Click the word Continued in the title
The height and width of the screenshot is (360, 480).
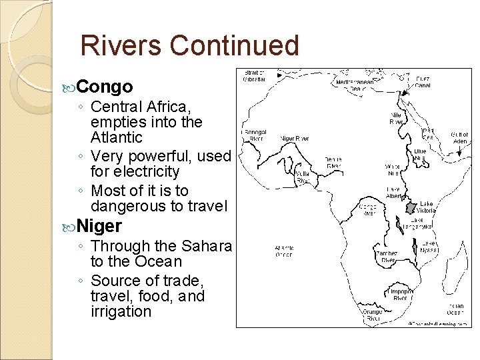pyautogui.click(x=235, y=45)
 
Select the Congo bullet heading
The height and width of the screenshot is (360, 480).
pyautogui.click(x=105, y=87)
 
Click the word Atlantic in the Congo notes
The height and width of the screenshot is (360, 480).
pyautogui.click(x=117, y=137)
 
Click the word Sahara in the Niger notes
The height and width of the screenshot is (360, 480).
pyautogui.click(x=204, y=246)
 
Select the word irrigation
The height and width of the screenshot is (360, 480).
pyautogui.click(x=121, y=311)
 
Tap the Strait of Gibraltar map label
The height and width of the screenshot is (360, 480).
pyautogui.click(x=255, y=76)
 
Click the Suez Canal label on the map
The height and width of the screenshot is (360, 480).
pyautogui.click(x=423, y=81)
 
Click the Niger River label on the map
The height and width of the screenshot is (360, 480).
pyautogui.click(x=294, y=139)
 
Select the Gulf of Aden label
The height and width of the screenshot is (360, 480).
pyautogui.click(x=460, y=138)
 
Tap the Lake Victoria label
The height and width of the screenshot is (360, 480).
pyautogui.click(x=427, y=207)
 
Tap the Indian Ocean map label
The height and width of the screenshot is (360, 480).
pyautogui.click(x=455, y=309)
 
